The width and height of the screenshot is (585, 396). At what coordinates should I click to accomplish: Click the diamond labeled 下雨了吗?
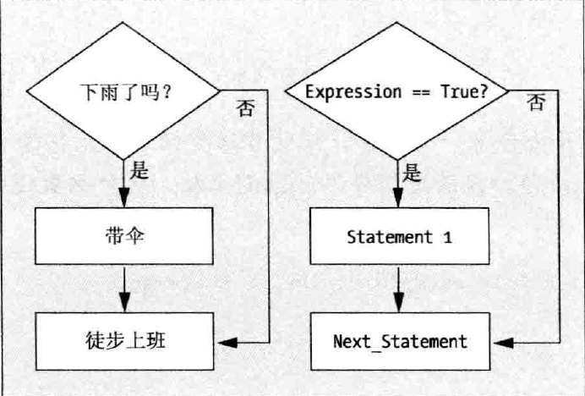coord(123,91)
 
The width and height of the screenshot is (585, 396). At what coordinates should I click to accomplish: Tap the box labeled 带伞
coord(123,236)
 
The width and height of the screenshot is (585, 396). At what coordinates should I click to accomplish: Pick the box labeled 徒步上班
coord(123,342)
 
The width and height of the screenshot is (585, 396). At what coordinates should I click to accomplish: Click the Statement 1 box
coord(400,237)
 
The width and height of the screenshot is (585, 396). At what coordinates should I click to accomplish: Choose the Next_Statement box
coord(400,342)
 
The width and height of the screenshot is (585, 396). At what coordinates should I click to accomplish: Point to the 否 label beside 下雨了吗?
coord(245,108)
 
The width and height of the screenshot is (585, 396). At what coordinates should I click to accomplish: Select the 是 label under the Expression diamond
coord(413,173)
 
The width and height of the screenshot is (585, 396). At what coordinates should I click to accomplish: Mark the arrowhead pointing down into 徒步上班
coord(123,305)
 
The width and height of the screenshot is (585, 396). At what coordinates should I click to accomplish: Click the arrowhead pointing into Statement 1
coord(400,201)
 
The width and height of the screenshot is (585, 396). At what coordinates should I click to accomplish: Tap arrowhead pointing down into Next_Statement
coord(400,305)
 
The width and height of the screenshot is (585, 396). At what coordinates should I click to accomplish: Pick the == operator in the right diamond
coord(420,91)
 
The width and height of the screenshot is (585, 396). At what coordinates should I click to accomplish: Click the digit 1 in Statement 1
coord(447,237)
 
